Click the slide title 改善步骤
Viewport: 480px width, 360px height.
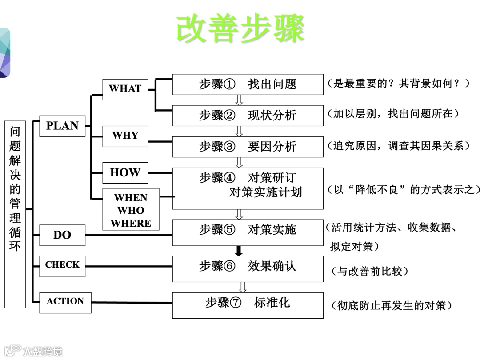(x=240, y=28)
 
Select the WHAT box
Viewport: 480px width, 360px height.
(x=125, y=89)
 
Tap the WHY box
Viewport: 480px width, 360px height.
(x=125, y=136)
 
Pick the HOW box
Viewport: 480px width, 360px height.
(x=125, y=173)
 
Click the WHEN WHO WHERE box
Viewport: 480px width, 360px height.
(x=131, y=210)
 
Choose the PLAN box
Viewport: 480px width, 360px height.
(x=62, y=126)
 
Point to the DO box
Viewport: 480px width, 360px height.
(x=62, y=235)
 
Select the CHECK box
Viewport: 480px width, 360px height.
(x=62, y=265)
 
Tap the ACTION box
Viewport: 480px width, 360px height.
(x=65, y=302)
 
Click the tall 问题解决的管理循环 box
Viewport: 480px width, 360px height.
(x=15, y=214)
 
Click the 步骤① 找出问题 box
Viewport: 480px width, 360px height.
(x=248, y=84)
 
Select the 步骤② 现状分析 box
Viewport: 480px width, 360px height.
(x=248, y=116)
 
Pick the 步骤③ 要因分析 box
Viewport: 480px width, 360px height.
(x=248, y=147)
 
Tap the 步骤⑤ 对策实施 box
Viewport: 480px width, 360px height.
(x=248, y=232)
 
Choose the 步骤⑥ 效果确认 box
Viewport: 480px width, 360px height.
(x=248, y=268)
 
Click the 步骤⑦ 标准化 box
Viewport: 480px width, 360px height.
(x=248, y=305)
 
